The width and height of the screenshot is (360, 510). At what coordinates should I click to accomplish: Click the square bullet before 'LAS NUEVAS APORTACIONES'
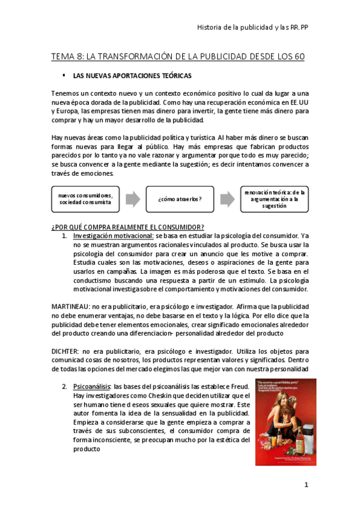click(63, 76)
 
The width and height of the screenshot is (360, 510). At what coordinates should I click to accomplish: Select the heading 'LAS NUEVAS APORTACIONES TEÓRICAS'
click(132, 77)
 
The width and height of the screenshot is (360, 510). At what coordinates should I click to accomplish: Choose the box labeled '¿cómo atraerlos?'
click(180, 198)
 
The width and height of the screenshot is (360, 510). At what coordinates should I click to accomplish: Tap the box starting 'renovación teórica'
click(274, 198)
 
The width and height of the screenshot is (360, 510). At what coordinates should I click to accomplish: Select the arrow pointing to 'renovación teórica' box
click(227, 198)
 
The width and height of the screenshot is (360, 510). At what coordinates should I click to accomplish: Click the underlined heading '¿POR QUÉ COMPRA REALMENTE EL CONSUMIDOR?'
click(128, 227)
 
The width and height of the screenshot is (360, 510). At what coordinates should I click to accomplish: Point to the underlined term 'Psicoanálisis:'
click(92, 386)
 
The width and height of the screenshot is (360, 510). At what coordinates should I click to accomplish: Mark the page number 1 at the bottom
click(306, 485)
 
